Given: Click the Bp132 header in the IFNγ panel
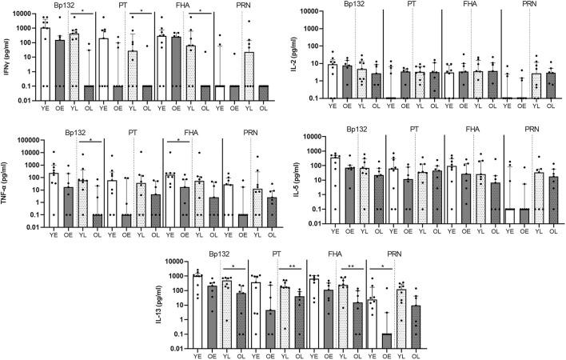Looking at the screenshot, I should point(71,6).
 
